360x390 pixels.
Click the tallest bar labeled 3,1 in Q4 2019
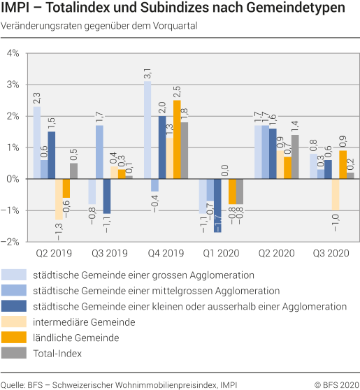147,130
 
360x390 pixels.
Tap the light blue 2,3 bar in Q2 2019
37,143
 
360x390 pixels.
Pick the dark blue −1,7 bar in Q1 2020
217,205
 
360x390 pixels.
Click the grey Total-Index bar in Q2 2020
295,157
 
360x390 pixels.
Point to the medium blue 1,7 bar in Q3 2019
100,152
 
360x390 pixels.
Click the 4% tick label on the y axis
13,53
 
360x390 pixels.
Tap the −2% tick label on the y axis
11,242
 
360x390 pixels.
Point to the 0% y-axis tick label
13,179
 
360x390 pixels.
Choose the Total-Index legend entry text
58,353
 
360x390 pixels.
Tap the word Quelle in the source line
13,382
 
